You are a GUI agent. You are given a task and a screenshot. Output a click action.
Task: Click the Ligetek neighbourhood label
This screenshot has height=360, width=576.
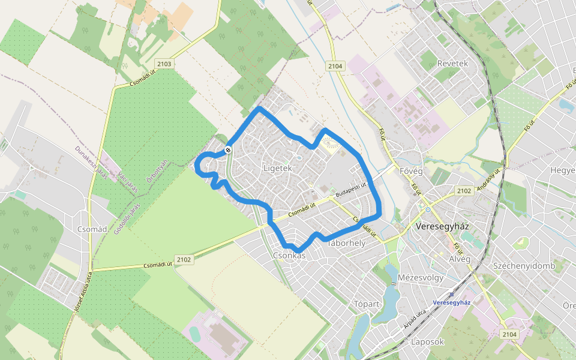click(277, 169)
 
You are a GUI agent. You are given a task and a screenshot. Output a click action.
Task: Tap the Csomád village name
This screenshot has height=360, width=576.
click(92, 229)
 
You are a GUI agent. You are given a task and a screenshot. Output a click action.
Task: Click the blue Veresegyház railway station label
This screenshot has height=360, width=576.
click(451, 302)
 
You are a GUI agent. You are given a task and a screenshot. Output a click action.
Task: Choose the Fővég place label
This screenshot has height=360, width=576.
click(411, 172)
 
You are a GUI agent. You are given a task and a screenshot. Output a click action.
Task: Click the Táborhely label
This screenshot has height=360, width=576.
click(346, 244)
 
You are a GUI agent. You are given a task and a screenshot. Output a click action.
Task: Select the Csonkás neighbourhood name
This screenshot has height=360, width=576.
click(289, 256)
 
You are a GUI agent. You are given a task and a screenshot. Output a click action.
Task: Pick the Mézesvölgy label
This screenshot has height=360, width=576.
click(420, 278)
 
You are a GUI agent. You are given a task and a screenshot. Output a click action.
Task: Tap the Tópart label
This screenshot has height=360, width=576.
click(367, 303)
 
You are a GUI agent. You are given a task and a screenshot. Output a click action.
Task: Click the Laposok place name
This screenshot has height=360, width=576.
click(427, 342)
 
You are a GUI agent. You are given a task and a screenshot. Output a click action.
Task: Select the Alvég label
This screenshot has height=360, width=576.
click(460, 259)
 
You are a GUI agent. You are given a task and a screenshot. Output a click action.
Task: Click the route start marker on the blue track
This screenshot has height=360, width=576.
click(228, 149)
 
